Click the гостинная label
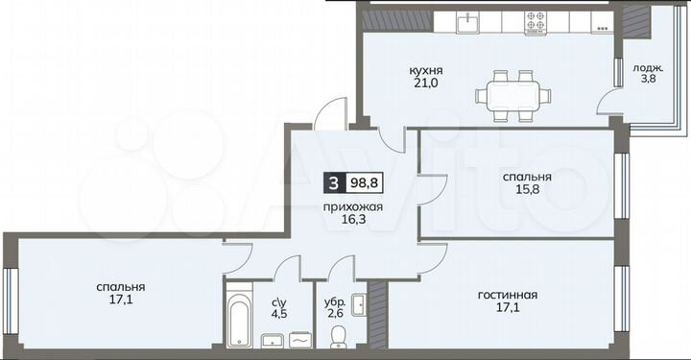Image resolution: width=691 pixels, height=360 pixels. [x=507, y=295]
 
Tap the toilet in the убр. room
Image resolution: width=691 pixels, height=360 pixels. [x=337, y=334]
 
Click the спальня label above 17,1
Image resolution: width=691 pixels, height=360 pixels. [x=120, y=286]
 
